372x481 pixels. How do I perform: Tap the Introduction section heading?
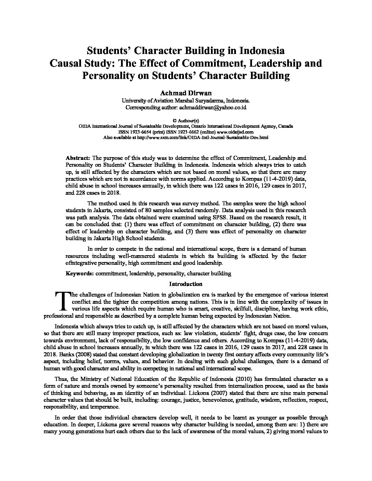click(x=186, y=284)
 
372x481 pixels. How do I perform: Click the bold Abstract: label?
click(x=78, y=158)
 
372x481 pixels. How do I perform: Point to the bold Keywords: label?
click(x=79, y=273)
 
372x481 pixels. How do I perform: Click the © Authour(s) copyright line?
click(x=186, y=121)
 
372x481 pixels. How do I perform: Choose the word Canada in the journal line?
click(x=285, y=126)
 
